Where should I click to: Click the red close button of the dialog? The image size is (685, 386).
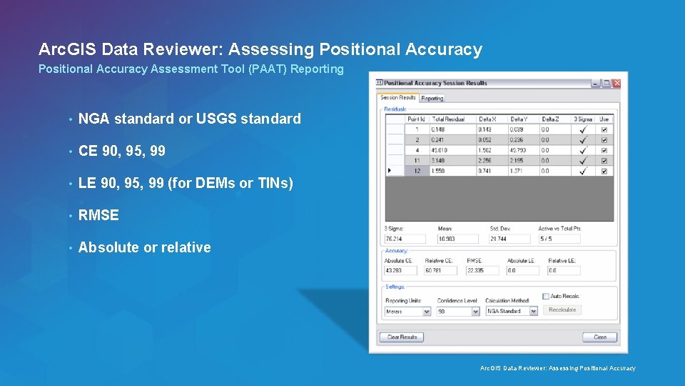[616, 83]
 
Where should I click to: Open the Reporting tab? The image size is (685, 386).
[432, 98]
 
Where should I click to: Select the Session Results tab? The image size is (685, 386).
[397, 97]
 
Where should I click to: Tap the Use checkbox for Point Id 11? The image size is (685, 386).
[604, 161]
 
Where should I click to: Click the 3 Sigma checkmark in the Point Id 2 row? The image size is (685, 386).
[583, 140]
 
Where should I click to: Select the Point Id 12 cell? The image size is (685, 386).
[415, 172]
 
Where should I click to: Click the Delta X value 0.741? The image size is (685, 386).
[488, 172]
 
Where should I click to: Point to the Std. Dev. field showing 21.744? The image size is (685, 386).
[509, 239]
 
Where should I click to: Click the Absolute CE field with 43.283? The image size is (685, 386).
[401, 271]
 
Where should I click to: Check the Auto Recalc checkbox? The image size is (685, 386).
[546, 296]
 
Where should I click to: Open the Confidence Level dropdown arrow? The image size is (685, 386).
[476, 312]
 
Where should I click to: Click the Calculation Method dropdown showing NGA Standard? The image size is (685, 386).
[511, 312]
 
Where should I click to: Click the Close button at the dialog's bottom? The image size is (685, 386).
[599, 337]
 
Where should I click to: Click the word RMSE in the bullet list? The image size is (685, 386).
[98, 215]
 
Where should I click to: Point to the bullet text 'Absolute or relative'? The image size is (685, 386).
[144, 247]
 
